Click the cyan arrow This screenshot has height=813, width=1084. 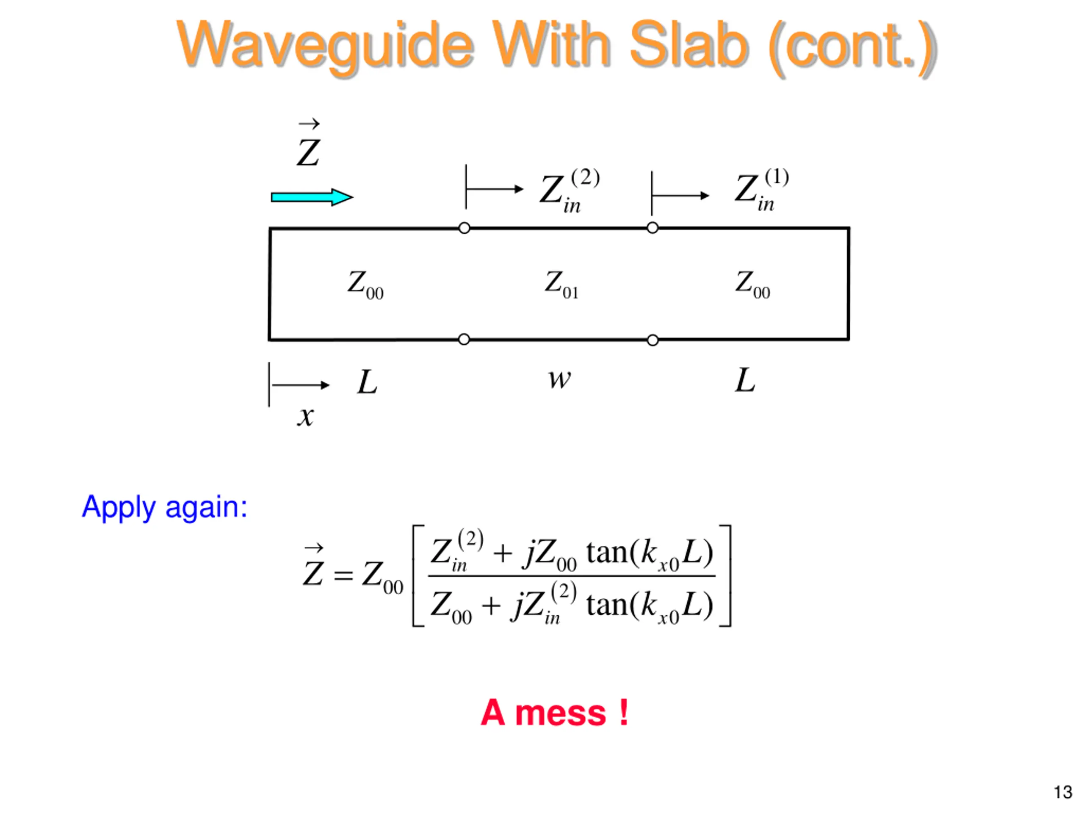point(312,197)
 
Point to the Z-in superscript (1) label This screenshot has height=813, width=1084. point(761,190)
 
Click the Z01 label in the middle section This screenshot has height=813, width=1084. point(561,284)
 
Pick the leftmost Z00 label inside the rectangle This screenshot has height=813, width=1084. point(365,285)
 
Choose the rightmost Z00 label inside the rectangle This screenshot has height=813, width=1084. point(752,284)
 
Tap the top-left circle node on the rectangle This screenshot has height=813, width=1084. point(464,228)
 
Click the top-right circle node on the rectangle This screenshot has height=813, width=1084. point(652,228)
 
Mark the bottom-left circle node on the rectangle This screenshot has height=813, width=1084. point(464,339)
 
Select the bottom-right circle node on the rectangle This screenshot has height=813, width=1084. point(652,340)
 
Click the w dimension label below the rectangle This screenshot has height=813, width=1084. point(559,379)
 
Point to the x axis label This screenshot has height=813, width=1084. point(305,417)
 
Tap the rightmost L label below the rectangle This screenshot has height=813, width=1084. point(745,380)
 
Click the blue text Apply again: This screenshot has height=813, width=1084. point(165,507)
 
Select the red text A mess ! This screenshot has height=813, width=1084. point(554,713)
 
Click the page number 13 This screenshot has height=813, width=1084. point(1062,792)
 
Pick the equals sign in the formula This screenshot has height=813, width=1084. point(343,575)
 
